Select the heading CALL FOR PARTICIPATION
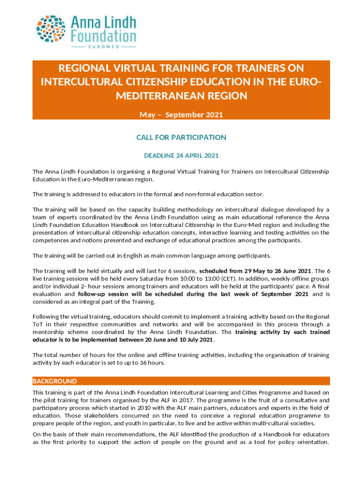point(181,137)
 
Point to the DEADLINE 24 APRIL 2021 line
point(181,155)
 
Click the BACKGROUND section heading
point(55,381)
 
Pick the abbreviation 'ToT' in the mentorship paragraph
point(37,325)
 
